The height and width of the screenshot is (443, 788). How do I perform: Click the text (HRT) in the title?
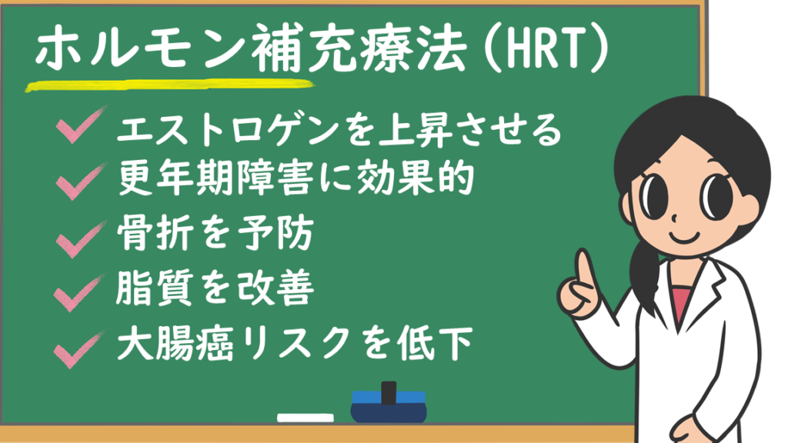point(547,49)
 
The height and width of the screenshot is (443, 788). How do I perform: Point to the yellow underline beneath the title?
point(170,85)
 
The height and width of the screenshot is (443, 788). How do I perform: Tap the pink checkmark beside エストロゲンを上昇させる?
point(81,125)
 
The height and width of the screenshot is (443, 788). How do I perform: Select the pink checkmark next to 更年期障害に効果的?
point(81,181)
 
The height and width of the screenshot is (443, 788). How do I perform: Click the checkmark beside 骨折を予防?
point(80,238)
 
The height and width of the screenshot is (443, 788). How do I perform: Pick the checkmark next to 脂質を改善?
point(79,293)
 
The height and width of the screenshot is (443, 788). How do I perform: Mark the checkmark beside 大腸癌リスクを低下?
point(79,349)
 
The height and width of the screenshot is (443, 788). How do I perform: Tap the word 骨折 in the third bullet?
point(155,234)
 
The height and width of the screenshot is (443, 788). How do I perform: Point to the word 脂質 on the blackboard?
point(155,288)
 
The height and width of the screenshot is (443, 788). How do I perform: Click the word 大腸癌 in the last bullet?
point(175,344)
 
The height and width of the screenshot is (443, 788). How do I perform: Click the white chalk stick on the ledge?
point(305,418)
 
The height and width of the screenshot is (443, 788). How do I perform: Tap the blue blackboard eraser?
point(389,402)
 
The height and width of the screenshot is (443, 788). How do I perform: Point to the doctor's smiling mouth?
point(685,236)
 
